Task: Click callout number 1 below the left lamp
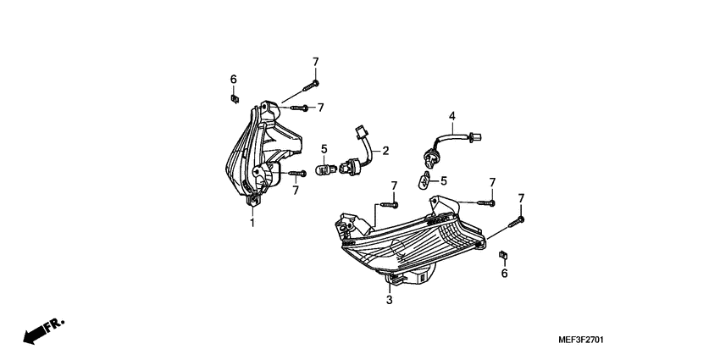[x=252, y=223]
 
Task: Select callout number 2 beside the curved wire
[x=385, y=151]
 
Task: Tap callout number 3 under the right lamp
[x=390, y=300]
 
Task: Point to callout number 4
[x=452, y=116]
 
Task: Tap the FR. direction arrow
[x=42, y=331]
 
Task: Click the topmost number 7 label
[x=315, y=61]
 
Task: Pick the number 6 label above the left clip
[x=233, y=80]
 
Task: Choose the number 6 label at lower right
[x=504, y=273]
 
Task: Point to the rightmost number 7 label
[x=521, y=198]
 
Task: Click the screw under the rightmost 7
[x=516, y=222]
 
